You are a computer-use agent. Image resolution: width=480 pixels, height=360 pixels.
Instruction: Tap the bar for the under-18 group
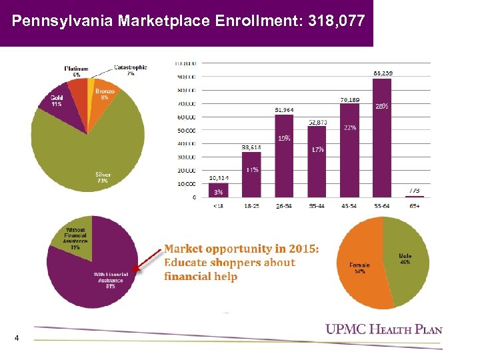coord(218,190)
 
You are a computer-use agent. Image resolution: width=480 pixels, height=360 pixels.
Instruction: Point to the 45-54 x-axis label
coord(350,206)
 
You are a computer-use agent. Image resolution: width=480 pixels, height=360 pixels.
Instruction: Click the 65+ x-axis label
coord(415,206)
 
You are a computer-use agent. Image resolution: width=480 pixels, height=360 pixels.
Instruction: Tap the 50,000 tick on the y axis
coord(186,130)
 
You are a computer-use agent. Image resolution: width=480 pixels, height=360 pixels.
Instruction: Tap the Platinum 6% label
coord(76,71)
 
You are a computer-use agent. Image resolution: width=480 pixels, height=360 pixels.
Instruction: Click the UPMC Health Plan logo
coord(383,329)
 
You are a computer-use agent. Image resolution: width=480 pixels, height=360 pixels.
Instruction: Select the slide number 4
coord(17,338)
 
